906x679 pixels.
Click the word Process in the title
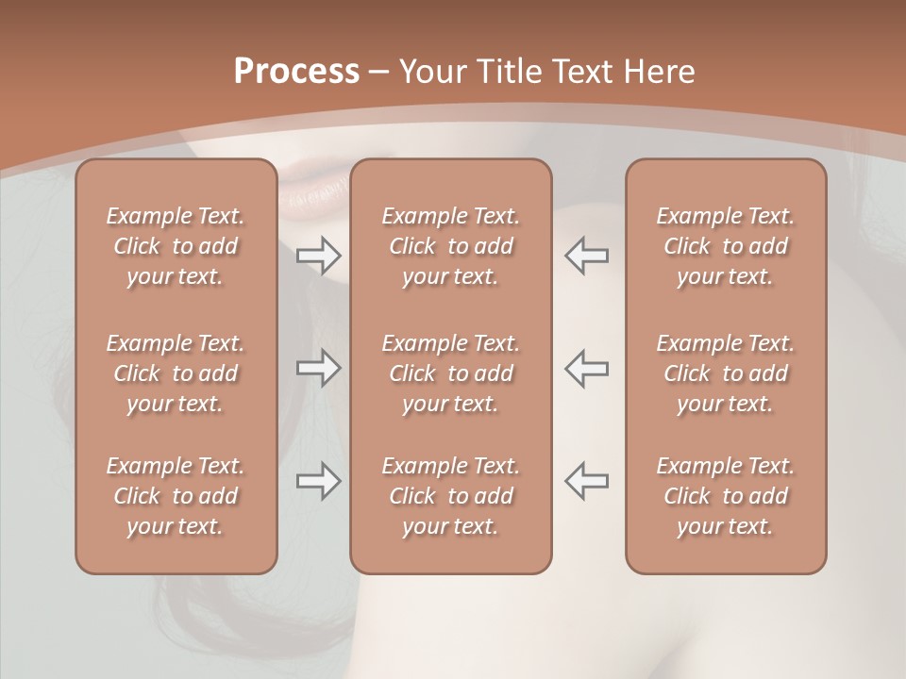[296, 72]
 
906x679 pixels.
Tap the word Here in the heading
[657, 72]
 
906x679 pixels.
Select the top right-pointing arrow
[319, 254]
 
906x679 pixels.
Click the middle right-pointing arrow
[319, 368]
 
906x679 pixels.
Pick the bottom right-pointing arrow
[319, 481]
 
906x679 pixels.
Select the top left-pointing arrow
[586, 254]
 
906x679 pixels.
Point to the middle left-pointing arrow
[586, 368]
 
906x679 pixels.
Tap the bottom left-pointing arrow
[586, 481]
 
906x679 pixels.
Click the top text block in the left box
[176, 246]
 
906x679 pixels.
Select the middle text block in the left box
[176, 373]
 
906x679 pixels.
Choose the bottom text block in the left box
[176, 496]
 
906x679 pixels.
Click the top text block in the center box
[450, 246]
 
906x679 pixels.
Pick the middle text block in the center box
[450, 373]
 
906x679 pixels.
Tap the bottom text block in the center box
[450, 496]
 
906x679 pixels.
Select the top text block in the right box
[726, 246]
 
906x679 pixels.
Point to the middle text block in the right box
[726, 373]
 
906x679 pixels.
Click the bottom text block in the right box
[726, 496]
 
